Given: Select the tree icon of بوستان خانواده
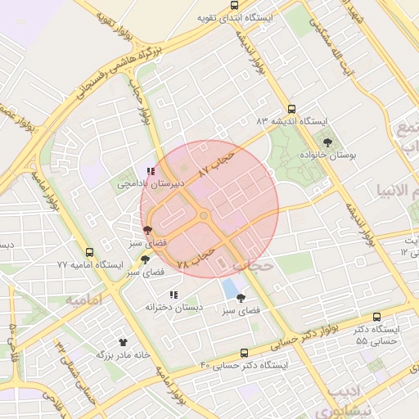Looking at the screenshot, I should [327, 142].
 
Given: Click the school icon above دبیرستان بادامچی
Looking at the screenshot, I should [150, 172].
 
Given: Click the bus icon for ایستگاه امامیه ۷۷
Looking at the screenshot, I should [88, 253].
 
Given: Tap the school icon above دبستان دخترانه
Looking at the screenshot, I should [173, 295].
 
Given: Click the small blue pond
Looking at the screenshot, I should [232, 291].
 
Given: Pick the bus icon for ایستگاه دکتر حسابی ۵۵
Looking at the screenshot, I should [376, 317].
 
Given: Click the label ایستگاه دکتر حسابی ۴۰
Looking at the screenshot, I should [246, 365].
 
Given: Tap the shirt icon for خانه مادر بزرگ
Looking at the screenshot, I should [124, 342].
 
